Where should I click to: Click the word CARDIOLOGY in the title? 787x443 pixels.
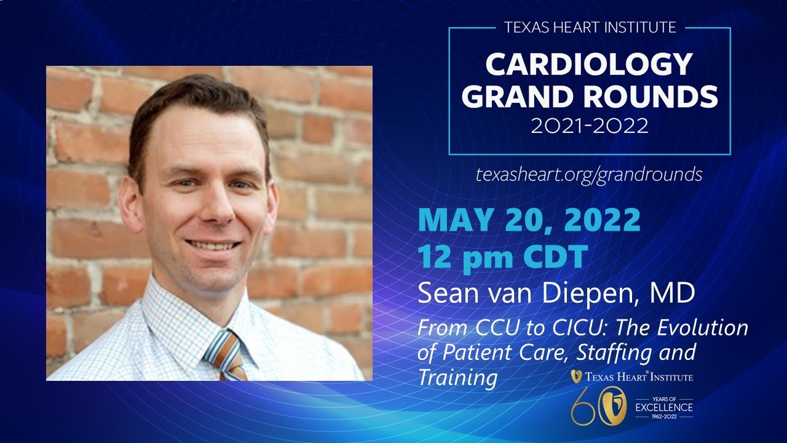[x=589, y=65]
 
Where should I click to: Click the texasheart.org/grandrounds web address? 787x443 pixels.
[x=588, y=174]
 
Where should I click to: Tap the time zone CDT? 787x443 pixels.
[x=555, y=257]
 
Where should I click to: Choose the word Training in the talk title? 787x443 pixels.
[x=457, y=378]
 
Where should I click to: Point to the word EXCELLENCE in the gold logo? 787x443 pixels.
[x=663, y=407]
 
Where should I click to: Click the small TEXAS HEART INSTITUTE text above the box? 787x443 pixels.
[x=590, y=27]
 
